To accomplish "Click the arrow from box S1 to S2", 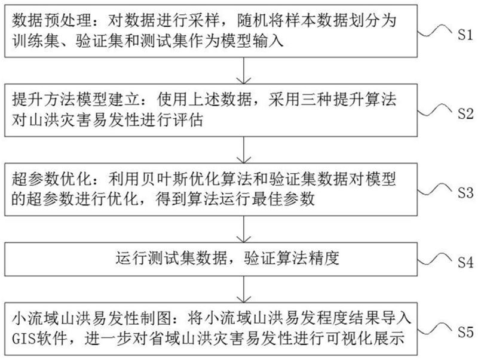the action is click(243, 72).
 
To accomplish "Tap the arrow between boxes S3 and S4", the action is click(243, 230).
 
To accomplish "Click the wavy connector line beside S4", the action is click(441, 258).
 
